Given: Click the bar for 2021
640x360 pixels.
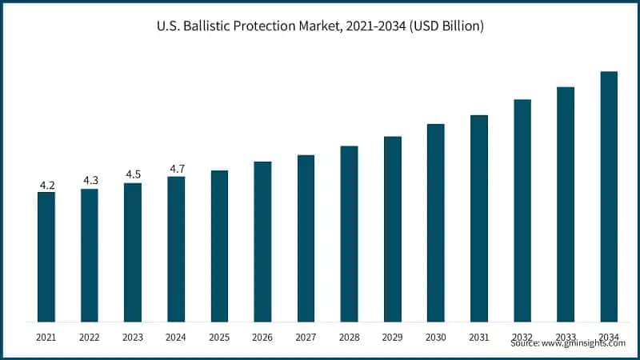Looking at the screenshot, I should tap(46, 256).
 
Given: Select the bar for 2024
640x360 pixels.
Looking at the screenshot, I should tap(176, 249).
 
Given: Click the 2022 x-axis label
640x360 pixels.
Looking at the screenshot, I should tap(90, 337).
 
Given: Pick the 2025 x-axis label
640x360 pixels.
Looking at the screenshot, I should tap(219, 337).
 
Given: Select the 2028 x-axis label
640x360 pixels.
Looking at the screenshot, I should tap(349, 337).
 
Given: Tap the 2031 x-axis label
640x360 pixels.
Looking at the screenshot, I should tap(478, 337).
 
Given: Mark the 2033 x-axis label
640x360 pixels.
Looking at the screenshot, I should tap(566, 337).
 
